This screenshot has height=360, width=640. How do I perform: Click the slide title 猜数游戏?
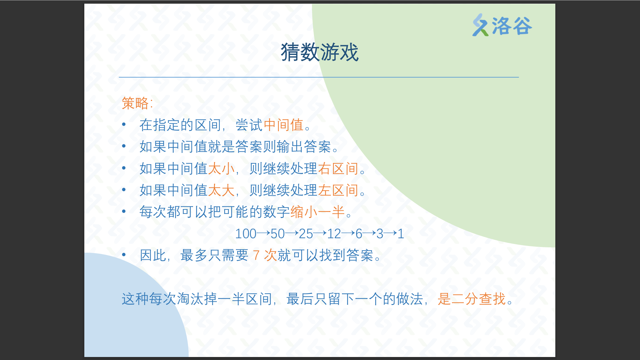[320, 52]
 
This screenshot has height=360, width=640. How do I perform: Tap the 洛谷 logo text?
[512, 26]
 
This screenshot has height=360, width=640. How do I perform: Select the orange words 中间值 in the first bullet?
[283, 125]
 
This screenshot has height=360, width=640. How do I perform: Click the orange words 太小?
[221, 169]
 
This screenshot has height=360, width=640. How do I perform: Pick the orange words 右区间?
[338, 169]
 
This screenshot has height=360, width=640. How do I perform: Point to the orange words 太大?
[221, 190]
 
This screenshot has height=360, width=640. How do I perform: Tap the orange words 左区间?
[338, 190]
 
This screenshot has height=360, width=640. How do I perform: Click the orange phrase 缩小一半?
[317, 212]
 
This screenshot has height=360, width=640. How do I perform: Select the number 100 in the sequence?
[246, 234]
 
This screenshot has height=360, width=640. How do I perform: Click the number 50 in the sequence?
[278, 234]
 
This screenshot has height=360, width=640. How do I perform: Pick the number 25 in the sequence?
[306, 234]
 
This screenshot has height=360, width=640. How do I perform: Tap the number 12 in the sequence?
[334, 234]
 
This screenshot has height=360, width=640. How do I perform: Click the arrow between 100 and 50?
[263, 233]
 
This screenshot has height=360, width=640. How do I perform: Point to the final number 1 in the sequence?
[401, 234]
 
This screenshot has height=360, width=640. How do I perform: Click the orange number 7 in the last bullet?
[256, 256]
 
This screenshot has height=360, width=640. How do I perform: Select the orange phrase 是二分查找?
[472, 299]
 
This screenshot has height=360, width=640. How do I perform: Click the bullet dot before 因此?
[124, 255]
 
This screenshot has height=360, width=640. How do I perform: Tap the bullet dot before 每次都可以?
[124, 211]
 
